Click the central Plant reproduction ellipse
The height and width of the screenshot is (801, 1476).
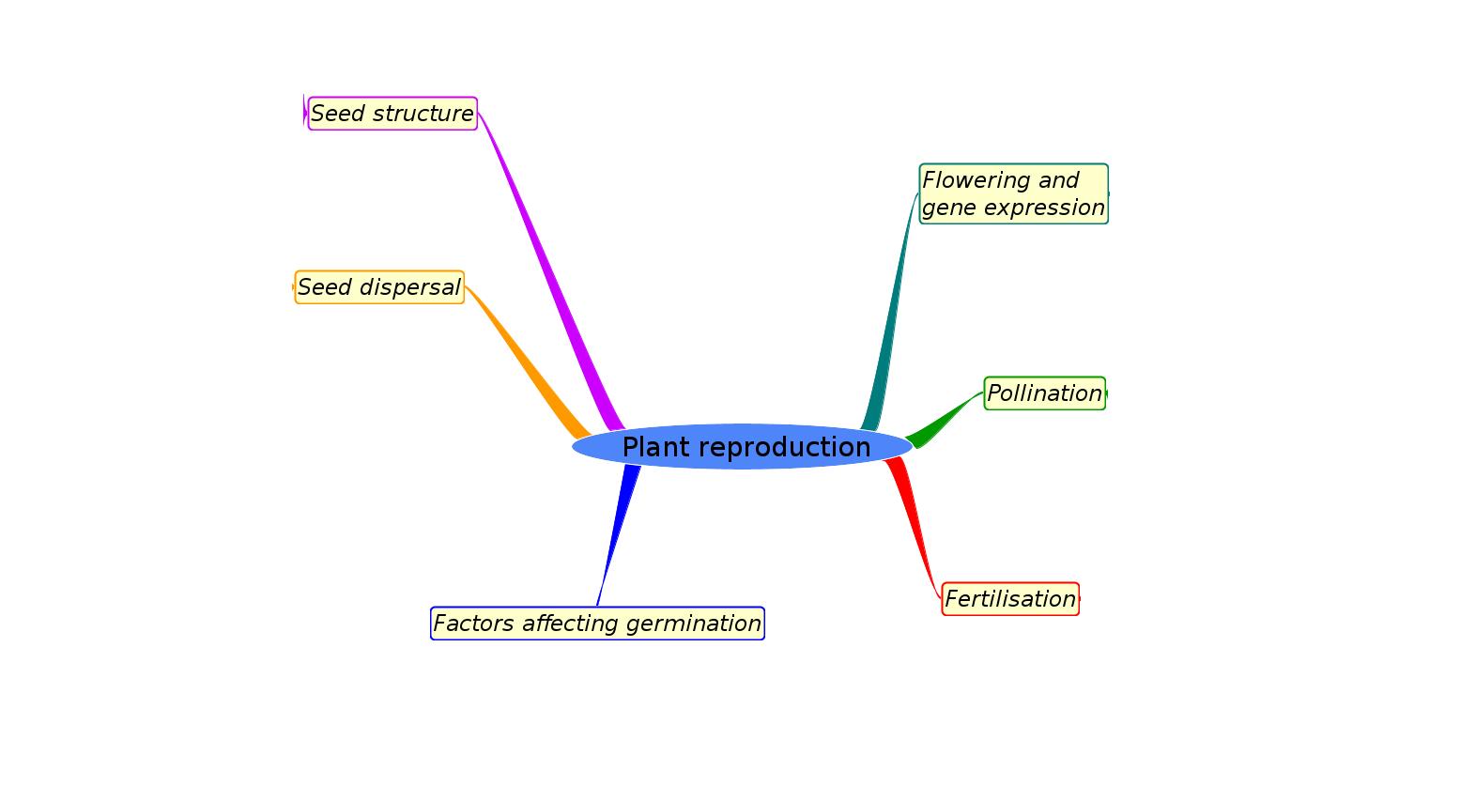(x=742, y=447)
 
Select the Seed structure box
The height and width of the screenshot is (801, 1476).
(x=392, y=114)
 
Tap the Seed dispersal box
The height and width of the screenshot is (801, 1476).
(x=379, y=287)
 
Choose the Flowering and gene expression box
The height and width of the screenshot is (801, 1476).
(x=1013, y=193)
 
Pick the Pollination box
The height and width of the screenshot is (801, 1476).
(x=1044, y=393)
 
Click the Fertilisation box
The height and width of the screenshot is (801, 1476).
(x=1010, y=599)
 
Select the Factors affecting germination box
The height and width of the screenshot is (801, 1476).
(x=597, y=624)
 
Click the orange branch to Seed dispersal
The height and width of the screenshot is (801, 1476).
(x=526, y=362)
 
